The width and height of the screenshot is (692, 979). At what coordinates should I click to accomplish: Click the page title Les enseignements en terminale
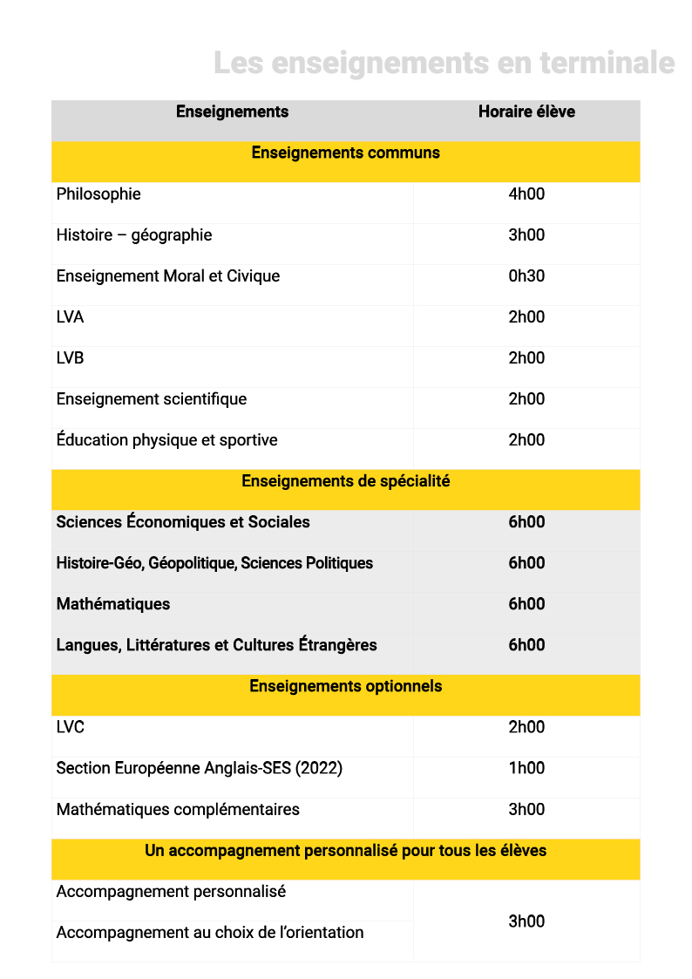click(x=444, y=64)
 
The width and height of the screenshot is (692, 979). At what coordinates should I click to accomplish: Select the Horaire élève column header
click(x=526, y=112)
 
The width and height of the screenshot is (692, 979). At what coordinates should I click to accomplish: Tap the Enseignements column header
click(x=232, y=112)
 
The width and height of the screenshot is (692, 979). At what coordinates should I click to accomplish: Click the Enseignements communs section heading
click(x=345, y=153)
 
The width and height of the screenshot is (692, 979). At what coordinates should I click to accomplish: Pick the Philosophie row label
click(x=98, y=194)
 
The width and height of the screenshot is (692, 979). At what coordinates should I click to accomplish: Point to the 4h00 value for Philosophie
click(x=526, y=194)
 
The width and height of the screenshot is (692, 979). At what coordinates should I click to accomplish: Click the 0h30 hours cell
click(x=526, y=276)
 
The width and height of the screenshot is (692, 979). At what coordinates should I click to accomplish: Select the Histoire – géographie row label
click(x=134, y=235)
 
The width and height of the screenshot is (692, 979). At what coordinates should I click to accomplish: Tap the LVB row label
click(x=71, y=358)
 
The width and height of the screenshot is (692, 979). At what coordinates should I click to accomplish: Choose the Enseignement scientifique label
click(x=152, y=399)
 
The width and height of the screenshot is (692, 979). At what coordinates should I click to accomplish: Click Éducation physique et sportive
click(x=166, y=440)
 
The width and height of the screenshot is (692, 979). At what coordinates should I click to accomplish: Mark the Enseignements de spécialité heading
click(x=345, y=481)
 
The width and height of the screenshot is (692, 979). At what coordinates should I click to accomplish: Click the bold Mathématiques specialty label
click(x=113, y=604)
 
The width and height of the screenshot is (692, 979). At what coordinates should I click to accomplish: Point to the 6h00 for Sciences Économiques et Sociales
click(x=526, y=522)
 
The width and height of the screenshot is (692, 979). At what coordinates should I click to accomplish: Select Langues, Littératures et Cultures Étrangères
click(x=216, y=645)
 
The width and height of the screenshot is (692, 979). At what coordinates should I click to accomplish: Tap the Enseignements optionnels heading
click(x=345, y=686)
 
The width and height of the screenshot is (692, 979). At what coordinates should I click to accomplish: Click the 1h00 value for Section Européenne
click(x=526, y=768)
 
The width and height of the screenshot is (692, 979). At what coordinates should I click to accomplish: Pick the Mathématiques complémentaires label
click(x=178, y=810)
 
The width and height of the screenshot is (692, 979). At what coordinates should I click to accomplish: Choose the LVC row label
click(x=71, y=727)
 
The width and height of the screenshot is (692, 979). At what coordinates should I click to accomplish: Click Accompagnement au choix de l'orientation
click(x=210, y=933)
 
